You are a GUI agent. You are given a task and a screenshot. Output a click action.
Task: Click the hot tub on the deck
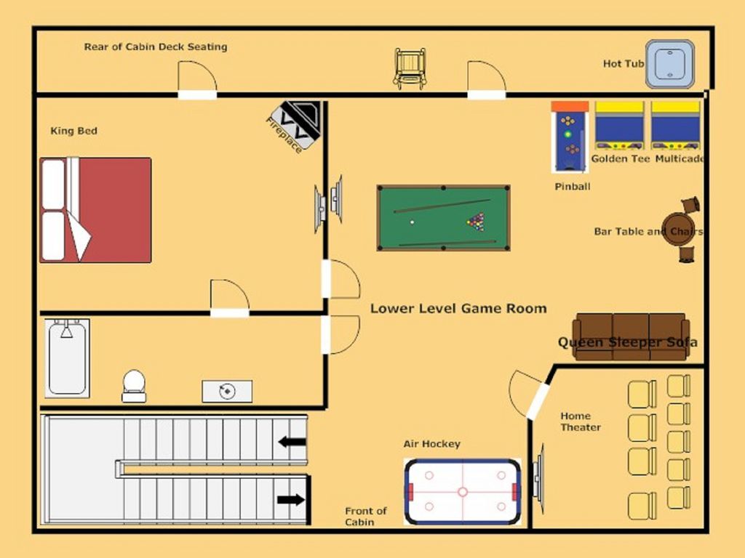670,64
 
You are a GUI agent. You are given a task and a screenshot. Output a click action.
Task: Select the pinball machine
570,137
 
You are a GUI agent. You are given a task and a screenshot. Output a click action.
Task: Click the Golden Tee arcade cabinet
620,126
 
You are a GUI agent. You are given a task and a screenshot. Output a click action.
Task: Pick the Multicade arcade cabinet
676,126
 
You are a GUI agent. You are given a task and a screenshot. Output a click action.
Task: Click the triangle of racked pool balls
476,222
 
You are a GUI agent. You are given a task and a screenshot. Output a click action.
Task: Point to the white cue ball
412,222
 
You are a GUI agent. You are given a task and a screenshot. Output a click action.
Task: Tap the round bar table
680,229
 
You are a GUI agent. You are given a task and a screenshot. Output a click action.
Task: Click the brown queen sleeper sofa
631,336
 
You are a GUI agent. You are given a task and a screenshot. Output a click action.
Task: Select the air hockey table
462,492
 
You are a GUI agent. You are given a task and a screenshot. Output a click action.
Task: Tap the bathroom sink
227,391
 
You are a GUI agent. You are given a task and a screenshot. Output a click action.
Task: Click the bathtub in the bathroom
67,358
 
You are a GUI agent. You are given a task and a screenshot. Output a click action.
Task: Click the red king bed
95,210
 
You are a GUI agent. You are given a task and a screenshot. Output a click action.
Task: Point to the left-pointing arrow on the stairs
292,442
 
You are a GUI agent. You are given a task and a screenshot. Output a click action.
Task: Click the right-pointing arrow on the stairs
291,500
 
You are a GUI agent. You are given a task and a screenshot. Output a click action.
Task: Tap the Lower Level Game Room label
458,308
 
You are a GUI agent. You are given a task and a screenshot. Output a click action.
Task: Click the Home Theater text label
580,421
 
